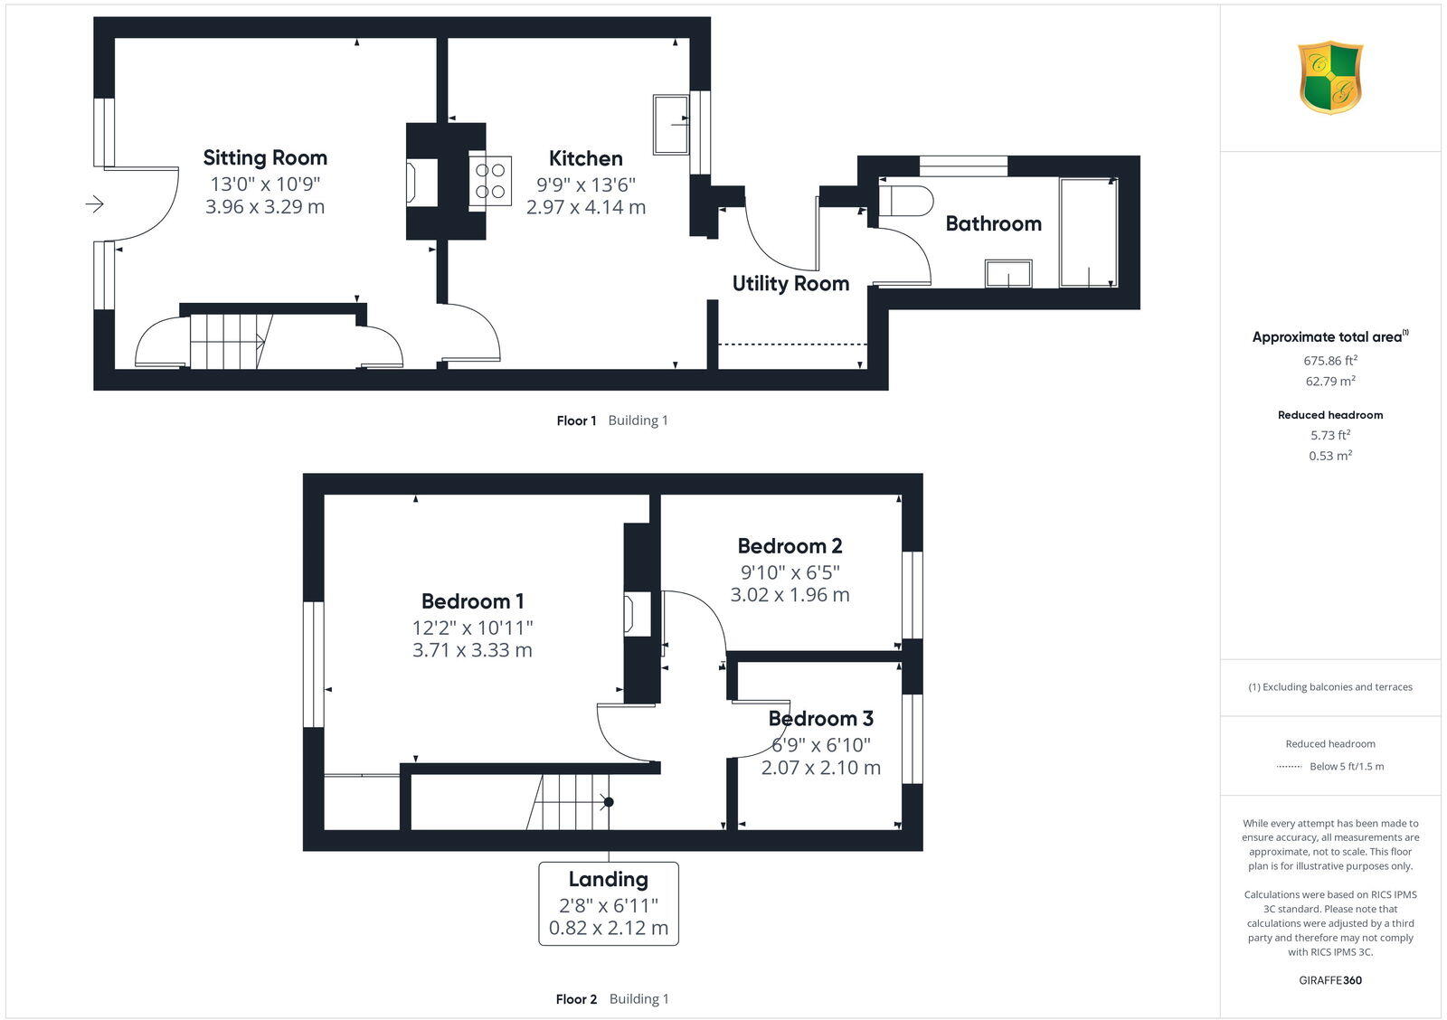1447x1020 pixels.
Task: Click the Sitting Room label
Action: [x=265, y=157]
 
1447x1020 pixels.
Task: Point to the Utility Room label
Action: [x=790, y=283]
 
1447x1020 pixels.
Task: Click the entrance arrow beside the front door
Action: [x=95, y=205]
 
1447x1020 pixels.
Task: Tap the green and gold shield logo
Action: [x=1330, y=77]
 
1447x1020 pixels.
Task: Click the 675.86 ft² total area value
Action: [x=1330, y=360]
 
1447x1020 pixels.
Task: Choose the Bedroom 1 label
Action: [x=472, y=601]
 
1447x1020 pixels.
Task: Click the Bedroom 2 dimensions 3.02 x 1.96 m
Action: [x=790, y=595]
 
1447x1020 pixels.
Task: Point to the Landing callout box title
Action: [x=608, y=879]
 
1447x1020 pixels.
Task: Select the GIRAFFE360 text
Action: [x=1330, y=980]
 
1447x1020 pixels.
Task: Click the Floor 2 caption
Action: [x=576, y=999]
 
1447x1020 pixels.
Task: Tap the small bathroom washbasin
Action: [x=1008, y=273]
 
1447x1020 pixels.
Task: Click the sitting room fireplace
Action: [x=412, y=181]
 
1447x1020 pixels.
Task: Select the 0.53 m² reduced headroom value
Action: [x=1330, y=456]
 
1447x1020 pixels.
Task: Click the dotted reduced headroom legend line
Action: [x=1289, y=767]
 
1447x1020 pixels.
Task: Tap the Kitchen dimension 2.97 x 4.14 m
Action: [x=586, y=207]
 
